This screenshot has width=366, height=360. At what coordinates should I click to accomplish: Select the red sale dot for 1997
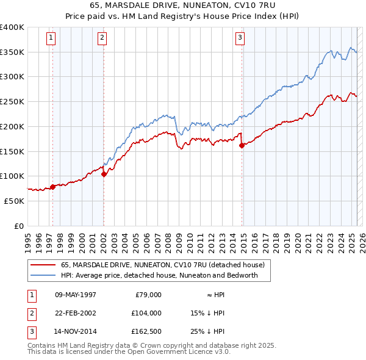coord(52,187)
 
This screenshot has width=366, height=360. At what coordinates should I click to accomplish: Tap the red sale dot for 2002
coord(104,174)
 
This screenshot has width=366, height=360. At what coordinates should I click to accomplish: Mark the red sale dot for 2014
coord(242,145)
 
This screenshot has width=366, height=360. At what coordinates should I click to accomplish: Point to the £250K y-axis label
coord(12,101)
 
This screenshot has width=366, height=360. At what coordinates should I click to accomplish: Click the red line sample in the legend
coord(43,265)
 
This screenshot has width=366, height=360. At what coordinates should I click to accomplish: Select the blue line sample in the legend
coord(43,275)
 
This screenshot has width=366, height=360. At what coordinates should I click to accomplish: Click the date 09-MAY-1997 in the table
coord(76,295)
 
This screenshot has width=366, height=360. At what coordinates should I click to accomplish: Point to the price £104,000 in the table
coord(146,313)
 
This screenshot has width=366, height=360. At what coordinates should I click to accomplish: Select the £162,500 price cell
coord(146,331)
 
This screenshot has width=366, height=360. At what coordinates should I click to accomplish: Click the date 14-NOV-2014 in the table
coord(76,331)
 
